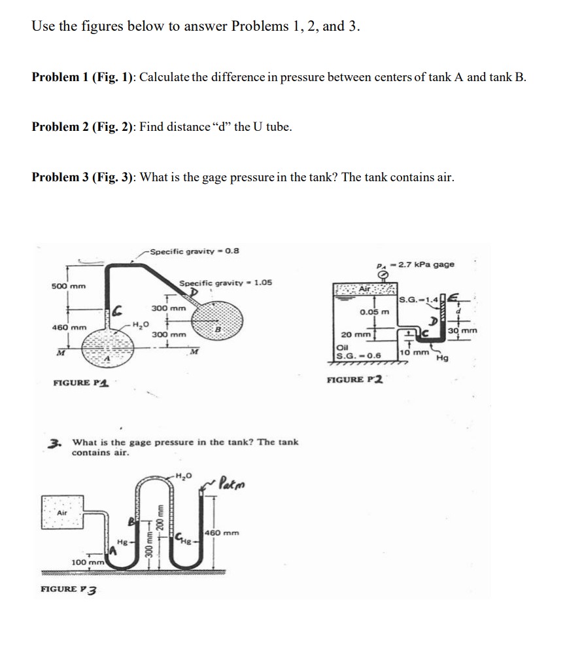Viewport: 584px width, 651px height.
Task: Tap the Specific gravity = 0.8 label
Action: tap(194, 251)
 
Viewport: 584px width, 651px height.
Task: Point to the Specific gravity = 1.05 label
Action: tap(226, 283)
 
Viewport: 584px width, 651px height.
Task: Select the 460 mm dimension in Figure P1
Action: tap(69, 327)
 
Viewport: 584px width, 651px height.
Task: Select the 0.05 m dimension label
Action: tap(375, 312)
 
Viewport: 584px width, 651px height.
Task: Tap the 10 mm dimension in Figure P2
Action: tap(412, 352)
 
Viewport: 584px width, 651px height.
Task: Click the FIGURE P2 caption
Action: tap(356, 379)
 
